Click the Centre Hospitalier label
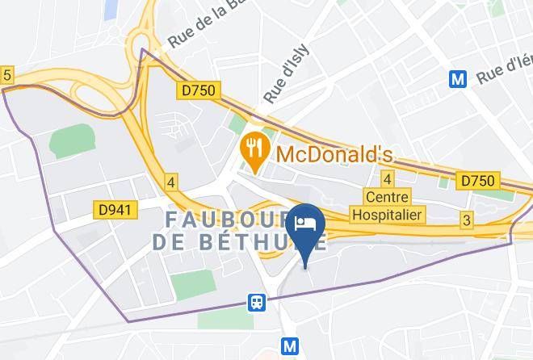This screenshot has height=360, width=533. pos(388,205)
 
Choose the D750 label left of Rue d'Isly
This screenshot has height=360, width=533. pos(198,90)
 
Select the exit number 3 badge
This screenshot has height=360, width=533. pos(467,219)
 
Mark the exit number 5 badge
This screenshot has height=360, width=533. pos(7,75)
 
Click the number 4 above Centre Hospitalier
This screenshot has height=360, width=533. pos(388,178)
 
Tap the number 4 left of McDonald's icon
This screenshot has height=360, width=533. pos(171,182)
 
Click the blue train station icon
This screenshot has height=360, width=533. pos(257,302)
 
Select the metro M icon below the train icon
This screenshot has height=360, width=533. pos(291,347)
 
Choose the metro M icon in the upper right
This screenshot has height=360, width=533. pos(459,79)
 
